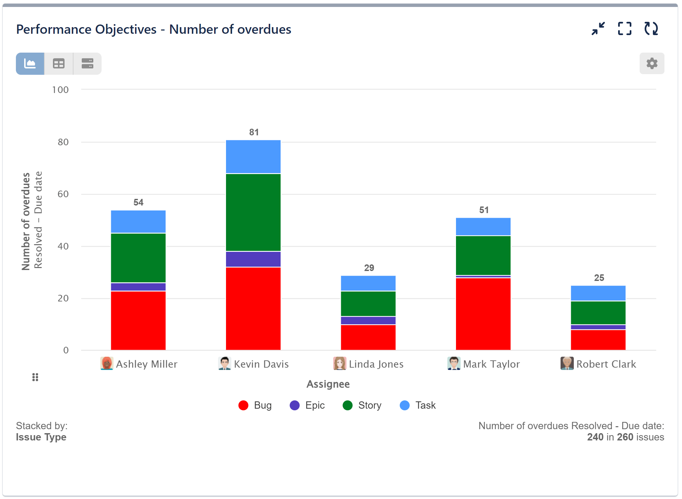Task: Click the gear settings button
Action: (x=651, y=63)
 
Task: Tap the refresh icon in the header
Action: (x=651, y=29)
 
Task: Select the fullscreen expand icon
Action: (x=624, y=29)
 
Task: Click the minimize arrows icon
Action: (x=598, y=29)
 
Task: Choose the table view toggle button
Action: (x=59, y=64)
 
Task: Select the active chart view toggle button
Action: (x=30, y=64)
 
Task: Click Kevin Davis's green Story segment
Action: (x=253, y=212)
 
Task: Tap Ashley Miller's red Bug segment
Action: (x=138, y=320)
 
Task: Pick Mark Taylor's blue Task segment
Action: (x=483, y=227)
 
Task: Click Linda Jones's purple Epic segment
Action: (x=368, y=320)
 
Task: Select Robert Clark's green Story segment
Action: (x=598, y=313)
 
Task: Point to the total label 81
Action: (x=254, y=132)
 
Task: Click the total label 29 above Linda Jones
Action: (x=369, y=268)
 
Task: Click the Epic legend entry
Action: (x=307, y=405)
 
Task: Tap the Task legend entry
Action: (x=418, y=405)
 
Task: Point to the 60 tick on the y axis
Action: (x=63, y=194)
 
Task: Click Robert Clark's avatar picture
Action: (x=567, y=363)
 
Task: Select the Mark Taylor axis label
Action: (x=491, y=364)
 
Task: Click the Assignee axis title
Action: (x=328, y=384)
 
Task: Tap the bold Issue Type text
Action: (x=41, y=437)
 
